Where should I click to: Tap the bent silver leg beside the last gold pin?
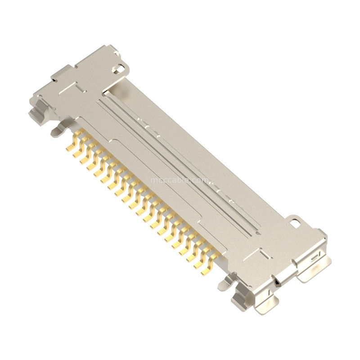pyautogui.click(x=224, y=282)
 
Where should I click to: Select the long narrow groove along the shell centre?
pyautogui.click(x=180, y=162)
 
